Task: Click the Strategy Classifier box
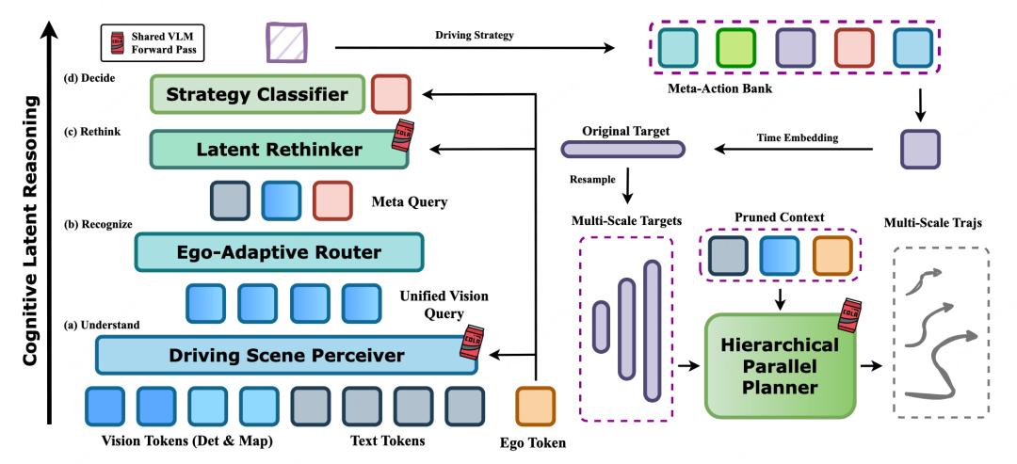point(257,95)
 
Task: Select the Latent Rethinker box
point(279,149)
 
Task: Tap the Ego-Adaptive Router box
point(280,251)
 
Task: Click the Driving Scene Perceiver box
point(285,355)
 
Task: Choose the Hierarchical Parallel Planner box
point(778,365)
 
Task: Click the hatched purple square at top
point(283,43)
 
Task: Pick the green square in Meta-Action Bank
point(734,46)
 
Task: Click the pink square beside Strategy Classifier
point(390,95)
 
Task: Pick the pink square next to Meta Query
point(331,200)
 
